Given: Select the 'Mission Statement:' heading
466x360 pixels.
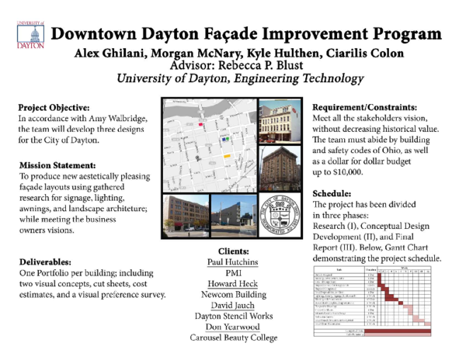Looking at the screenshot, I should [x=58, y=164].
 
